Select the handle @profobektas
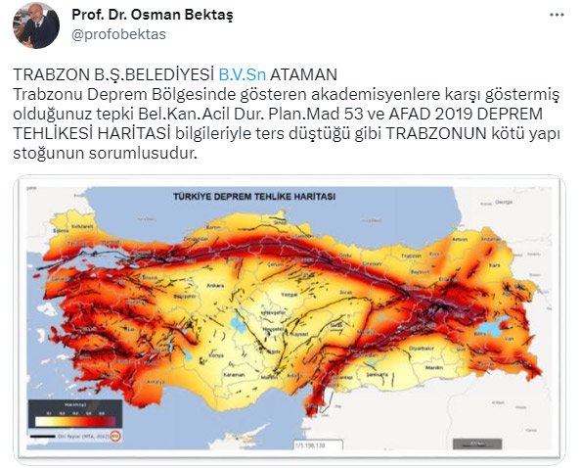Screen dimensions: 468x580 coord(118,34)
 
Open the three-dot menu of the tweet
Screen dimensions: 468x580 coord(556,17)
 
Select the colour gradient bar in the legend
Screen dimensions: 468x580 coord(67,418)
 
